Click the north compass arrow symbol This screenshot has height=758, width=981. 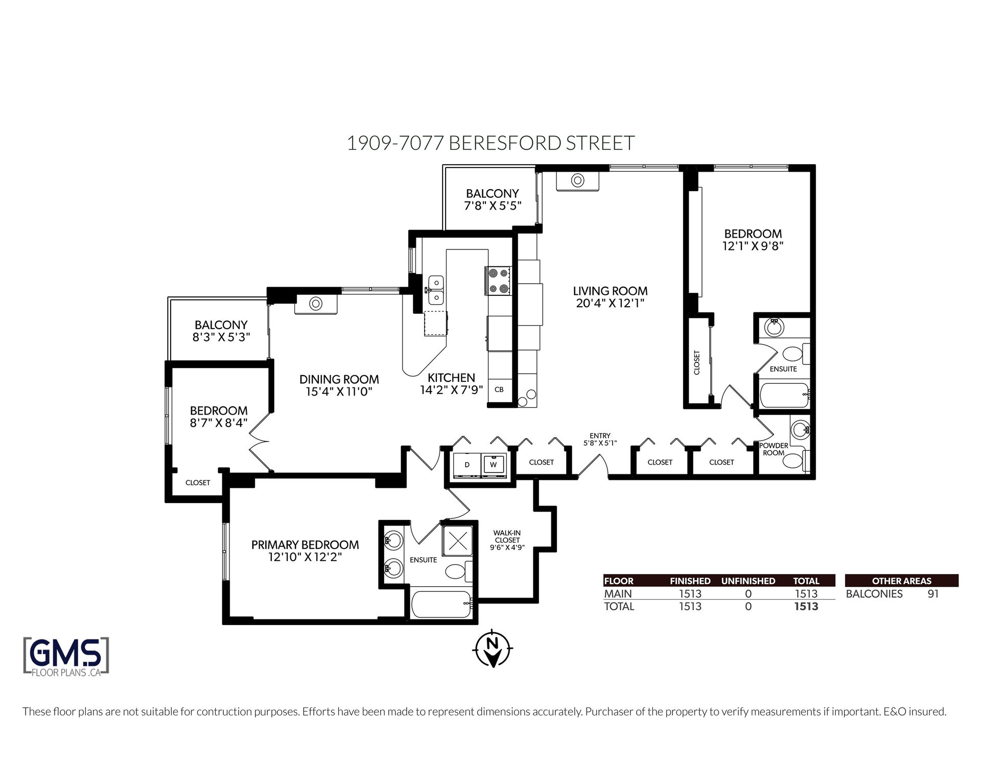click(493, 649)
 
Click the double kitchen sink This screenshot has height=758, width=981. click(436, 289)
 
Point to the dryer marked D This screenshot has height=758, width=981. click(467, 465)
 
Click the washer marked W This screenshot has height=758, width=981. click(494, 465)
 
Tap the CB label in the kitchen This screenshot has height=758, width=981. click(499, 389)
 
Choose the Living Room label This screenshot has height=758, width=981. click(610, 291)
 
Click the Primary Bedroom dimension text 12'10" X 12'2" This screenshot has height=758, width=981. click(305, 557)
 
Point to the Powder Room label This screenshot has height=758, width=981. click(774, 449)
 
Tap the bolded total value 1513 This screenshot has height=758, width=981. click(806, 606)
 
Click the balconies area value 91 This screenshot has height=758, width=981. click(933, 594)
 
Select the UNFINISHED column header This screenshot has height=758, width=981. click(748, 581)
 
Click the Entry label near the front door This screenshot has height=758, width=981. click(600, 436)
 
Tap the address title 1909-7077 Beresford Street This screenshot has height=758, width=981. click(491, 143)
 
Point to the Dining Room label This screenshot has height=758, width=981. click(339, 379)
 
